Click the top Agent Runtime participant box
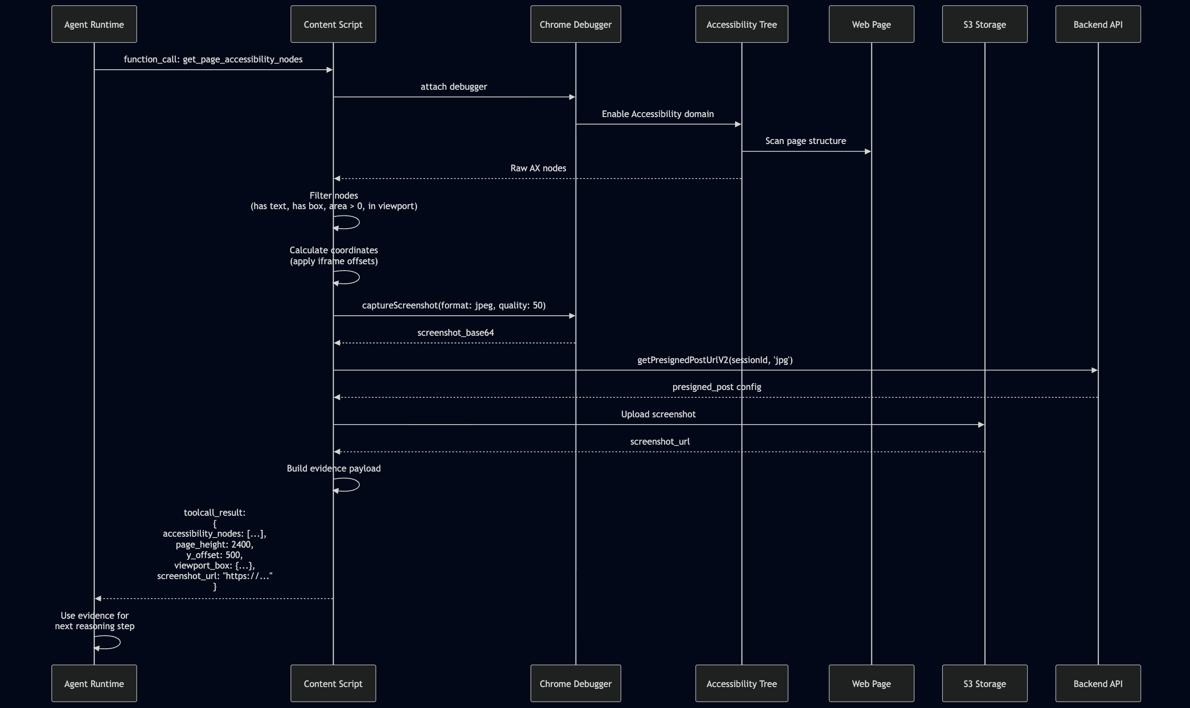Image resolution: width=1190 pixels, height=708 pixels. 94,24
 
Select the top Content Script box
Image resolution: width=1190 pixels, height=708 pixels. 333,24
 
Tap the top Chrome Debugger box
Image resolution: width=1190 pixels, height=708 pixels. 576,24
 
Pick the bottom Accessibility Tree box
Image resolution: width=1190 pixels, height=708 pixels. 741,683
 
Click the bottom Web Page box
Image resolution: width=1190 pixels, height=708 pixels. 871,683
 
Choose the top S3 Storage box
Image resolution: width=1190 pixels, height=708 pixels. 985,24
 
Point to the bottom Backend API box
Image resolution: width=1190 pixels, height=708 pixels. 1098,683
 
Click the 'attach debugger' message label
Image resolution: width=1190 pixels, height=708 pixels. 454,87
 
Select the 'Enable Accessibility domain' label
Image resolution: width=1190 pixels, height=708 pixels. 658,113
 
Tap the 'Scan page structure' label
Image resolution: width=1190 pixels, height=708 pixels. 805,141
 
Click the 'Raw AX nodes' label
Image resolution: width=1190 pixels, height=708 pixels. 538,168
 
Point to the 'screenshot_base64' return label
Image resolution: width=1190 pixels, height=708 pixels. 455,333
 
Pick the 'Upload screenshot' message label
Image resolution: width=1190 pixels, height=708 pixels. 658,414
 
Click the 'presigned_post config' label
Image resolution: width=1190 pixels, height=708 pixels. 716,386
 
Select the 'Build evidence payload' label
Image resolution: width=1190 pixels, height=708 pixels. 333,468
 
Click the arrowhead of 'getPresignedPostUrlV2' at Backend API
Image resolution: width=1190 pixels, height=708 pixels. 1094,370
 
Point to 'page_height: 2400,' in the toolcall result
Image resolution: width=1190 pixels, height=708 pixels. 214,544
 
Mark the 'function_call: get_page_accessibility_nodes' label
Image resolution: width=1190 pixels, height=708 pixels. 213,59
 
